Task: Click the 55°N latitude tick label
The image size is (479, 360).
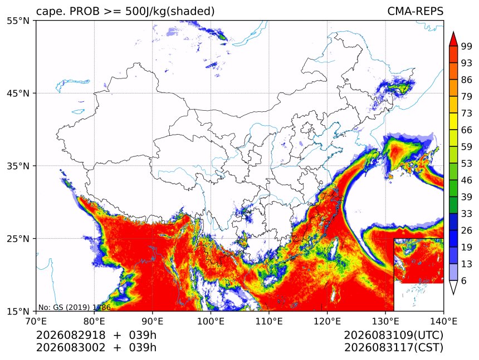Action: click(18, 21)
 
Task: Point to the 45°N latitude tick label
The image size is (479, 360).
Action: click(18, 93)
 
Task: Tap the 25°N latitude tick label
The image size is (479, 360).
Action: click(18, 238)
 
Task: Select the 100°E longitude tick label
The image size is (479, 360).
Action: click(211, 321)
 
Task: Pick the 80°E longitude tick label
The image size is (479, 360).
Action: click(94, 321)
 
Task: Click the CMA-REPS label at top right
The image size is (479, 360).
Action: click(415, 11)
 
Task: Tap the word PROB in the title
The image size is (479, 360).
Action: click(85, 11)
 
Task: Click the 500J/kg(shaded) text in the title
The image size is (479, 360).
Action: click(170, 12)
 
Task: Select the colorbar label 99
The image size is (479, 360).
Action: click(467, 46)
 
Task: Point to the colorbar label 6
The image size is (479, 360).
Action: click(464, 280)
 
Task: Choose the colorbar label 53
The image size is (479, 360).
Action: click(467, 164)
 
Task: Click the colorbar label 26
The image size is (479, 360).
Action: click(467, 230)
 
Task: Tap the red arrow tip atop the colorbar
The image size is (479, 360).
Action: click(453, 32)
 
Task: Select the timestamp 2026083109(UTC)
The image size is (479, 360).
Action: click(393, 336)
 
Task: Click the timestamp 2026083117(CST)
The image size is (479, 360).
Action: click(393, 348)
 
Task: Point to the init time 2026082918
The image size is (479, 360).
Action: click(71, 335)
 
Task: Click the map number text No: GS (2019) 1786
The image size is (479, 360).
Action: click(74, 307)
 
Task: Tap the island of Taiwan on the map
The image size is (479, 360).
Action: click(335, 249)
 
